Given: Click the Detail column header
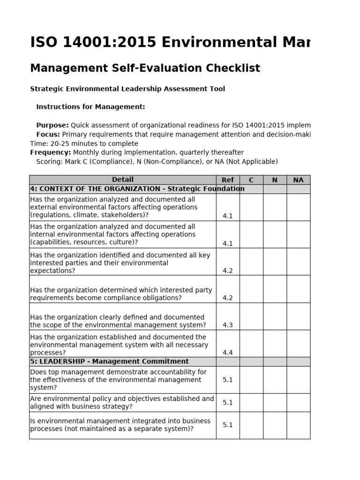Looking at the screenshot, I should pos(122,180).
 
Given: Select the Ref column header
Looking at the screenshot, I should pos(228,180).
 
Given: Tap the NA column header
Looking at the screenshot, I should pos(298,180).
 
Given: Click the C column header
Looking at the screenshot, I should pos(251,180).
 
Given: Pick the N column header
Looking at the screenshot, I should pos(275,180).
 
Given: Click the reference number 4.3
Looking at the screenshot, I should pos(228,325).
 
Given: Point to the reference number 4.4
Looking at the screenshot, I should pos(228,352).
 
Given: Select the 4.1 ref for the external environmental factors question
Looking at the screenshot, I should pos(228,216).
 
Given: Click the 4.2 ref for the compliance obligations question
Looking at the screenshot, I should pos(228,298).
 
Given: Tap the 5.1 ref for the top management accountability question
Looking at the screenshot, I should pos(228,380).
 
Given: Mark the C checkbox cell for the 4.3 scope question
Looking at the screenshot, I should pos(251,316).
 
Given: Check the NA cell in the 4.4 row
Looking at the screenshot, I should pos(298,344).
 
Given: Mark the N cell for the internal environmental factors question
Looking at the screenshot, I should pos(275,234).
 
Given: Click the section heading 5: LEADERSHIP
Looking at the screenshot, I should pos(109,361).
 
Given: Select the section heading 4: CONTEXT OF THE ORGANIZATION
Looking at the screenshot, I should pos(137,189).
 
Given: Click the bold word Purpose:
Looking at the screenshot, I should pos(52,125).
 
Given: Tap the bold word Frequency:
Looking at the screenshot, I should pos(51,152).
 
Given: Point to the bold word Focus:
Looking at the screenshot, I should pos(48,135).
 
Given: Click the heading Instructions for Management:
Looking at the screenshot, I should pos(90,107).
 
